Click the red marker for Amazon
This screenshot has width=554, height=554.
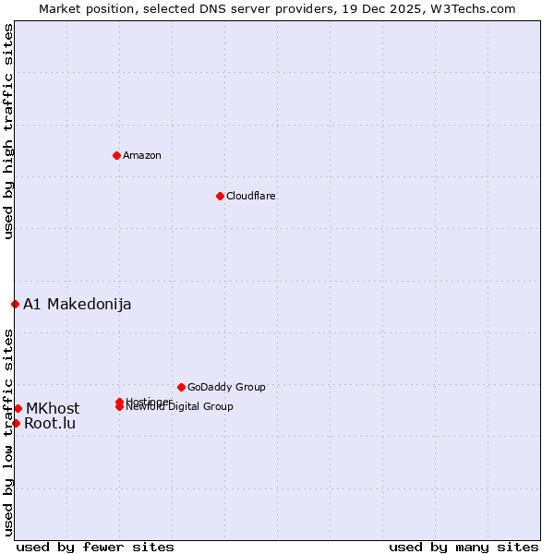116,155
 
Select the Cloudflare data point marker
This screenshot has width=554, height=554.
220,196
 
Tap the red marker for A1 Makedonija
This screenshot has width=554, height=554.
15,304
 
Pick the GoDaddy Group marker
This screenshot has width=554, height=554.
181,387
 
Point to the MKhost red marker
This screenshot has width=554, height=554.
18,408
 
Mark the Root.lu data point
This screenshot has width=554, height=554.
16,423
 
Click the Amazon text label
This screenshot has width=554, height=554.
142,155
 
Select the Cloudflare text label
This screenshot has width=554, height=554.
251,196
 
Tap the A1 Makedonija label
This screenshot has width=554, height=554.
78,305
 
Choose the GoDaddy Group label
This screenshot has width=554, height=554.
226,387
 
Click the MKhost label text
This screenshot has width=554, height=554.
53,408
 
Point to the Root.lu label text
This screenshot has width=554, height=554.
50,424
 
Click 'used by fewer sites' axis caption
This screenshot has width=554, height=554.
95,547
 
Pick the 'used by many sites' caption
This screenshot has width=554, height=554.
464,547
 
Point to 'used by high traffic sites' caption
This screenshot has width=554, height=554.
8,132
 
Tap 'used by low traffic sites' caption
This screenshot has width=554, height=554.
8,432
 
